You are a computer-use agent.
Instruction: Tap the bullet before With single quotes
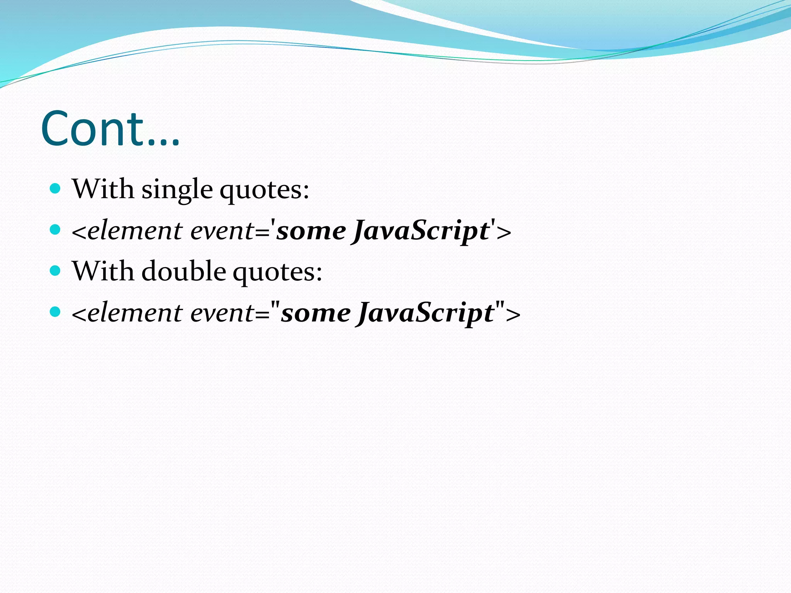click(x=56, y=188)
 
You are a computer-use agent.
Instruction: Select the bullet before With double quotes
click(x=56, y=271)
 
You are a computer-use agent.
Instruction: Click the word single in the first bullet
click(x=177, y=190)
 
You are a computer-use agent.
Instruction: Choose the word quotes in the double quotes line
click(x=277, y=272)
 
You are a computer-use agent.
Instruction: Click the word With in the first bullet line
click(x=103, y=189)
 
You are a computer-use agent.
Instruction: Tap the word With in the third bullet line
click(x=103, y=271)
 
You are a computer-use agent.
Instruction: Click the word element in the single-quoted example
click(x=135, y=231)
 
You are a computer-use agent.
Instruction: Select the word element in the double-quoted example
click(x=135, y=313)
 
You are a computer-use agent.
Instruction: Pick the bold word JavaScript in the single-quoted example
click(x=420, y=231)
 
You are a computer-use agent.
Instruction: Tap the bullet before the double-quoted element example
click(x=56, y=312)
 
